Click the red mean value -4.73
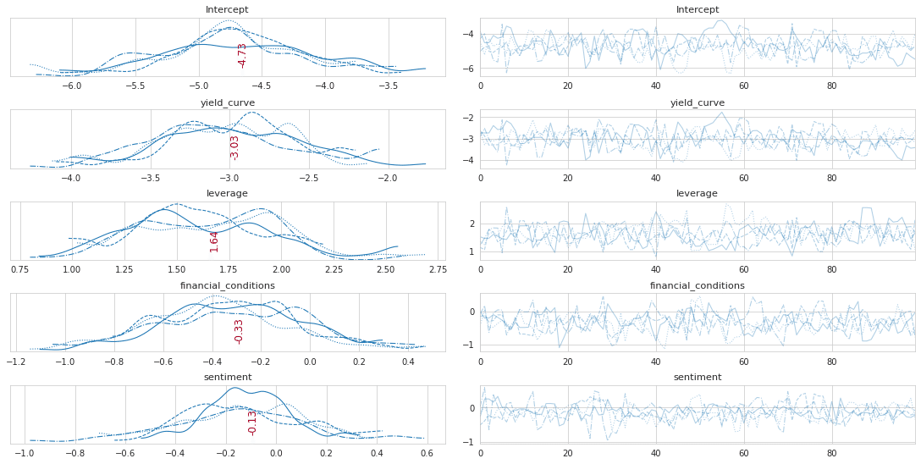point(243,55)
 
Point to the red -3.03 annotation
point(234,147)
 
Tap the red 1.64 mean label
point(214,241)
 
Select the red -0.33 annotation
point(239,331)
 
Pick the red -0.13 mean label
point(252,423)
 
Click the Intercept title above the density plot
point(227,10)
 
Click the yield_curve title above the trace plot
point(698,102)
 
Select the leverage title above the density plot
point(227,193)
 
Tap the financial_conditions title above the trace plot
point(698,285)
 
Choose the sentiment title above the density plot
point(227,377)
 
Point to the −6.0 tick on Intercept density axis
point(72,86)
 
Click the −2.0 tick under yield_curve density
point(388,178)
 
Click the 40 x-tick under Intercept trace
point(655,86)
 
